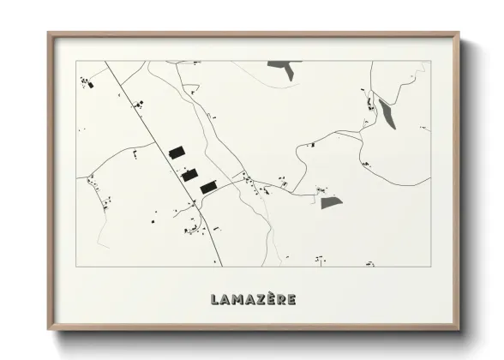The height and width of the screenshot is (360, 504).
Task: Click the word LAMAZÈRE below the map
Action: click(254, 299)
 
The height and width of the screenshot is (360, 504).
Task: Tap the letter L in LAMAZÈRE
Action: click(214, 299)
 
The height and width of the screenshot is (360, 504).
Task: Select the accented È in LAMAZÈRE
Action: click(267, 298)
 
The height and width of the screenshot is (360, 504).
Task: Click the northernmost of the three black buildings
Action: click(177, 152)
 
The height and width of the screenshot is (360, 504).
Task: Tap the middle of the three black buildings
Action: click(190, 174)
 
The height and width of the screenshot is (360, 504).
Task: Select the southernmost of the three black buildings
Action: click(208, 186)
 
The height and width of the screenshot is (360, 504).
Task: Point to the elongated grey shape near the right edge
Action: click(387, 113)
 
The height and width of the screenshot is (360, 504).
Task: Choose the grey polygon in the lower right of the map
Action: click(331, 203)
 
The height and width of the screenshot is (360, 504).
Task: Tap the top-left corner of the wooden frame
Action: click(48, 33)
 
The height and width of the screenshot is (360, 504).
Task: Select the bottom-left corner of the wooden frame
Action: click(48, 330)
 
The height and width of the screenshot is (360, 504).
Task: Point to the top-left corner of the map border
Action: click(77, 60)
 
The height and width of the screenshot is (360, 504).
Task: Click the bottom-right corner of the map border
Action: click(430, 267)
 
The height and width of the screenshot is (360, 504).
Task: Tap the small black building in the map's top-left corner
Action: click(85, 82)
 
